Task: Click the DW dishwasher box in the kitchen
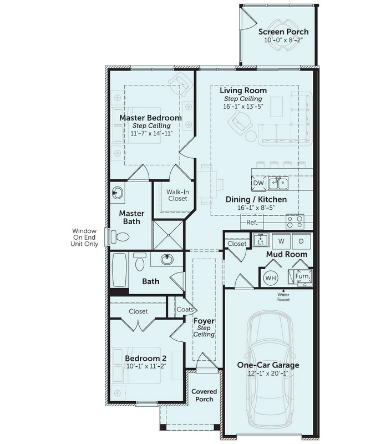(258, 183)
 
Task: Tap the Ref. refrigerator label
(252, 223)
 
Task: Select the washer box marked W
(281, 241)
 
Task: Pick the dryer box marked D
(301, 241)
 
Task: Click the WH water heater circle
(271, 278)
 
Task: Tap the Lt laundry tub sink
(261, 240)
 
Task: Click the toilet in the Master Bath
(120, 236)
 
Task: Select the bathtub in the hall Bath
(120, 270)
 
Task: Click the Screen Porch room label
(283, 32)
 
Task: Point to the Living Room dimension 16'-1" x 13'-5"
(243, 107)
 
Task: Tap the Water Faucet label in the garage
(283, 297)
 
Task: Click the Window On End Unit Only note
(84, 238)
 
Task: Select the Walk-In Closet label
(177, 195)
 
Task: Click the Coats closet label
(185, 309)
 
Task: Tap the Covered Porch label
(204, 395)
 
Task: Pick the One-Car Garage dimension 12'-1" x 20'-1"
(268, 373)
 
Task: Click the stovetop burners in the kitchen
(295, 221)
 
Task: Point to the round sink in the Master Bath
(118, 193)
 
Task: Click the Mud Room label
(287, 254)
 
